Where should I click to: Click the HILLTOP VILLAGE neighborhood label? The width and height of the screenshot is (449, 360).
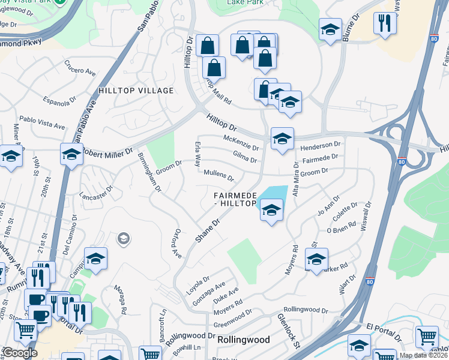pyautogui.click(x=136, y=91)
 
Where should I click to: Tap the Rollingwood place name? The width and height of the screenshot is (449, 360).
pyautogui.click(x=243, y=339)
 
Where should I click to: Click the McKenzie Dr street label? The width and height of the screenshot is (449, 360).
pyautogui.click(x=241, y=143)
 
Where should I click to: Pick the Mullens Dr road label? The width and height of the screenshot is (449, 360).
pyautogui.click(x=218, y=175)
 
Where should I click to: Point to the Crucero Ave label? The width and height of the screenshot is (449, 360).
pyautogui.click(x=80, y=68)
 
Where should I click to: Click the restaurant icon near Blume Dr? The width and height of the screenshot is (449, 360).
pyautogui.click(x=384, y=23)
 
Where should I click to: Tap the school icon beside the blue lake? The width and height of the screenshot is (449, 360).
pyautogui.click(x=271, y=210)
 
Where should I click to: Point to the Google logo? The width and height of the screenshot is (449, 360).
pyautogui.click(x=20, y=353)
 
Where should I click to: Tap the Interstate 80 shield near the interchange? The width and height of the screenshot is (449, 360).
pyautogui.click(x=402, y=161)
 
